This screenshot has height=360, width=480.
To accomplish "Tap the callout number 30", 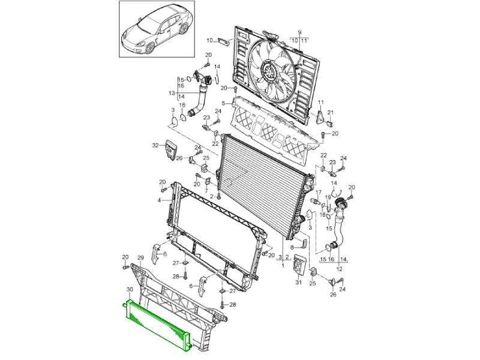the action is point(130,289).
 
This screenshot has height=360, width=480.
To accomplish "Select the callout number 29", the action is point(140,258).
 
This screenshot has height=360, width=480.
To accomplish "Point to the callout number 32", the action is point(156,145).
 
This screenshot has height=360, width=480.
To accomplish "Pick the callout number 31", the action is point(298,282).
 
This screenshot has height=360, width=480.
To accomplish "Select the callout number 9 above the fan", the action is point(299,32).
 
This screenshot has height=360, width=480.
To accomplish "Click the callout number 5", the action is point(223,103).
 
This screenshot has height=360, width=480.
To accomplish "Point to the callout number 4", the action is point(159,200).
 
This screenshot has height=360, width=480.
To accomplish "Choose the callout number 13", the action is point(172,93).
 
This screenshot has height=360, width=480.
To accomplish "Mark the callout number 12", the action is point(340,269).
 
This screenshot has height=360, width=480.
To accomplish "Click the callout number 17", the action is point(319,193).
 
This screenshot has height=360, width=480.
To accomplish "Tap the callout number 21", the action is point(331,113).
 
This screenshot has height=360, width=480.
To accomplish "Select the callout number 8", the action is point(292,247).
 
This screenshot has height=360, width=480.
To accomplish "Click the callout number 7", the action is point(206,191).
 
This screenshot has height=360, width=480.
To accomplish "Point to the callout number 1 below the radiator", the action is point(283,265).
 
